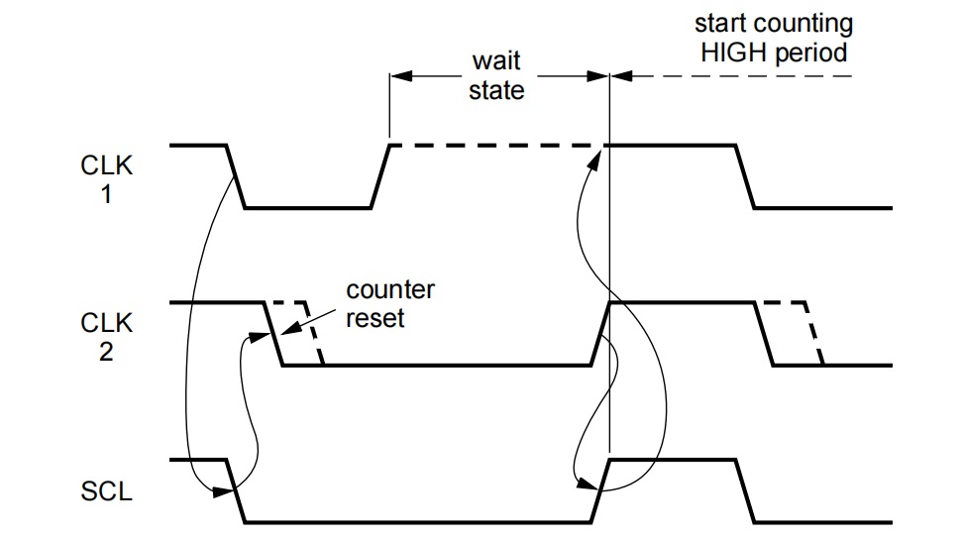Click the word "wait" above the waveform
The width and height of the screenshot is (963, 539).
point(495,61)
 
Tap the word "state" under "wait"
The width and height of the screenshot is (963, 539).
point(495,91)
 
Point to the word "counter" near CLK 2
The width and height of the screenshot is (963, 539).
point(389,290)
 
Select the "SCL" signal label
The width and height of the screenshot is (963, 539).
point(106,491)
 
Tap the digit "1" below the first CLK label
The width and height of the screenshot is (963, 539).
point(106,194)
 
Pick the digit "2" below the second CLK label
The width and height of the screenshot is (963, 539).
point(106,352)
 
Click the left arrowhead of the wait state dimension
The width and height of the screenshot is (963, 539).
point(399,75)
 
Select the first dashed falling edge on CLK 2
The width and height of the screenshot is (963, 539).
point(314,334)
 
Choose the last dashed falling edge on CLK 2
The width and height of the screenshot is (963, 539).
point(812,334)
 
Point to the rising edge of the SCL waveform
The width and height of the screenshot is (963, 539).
point(600,489)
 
